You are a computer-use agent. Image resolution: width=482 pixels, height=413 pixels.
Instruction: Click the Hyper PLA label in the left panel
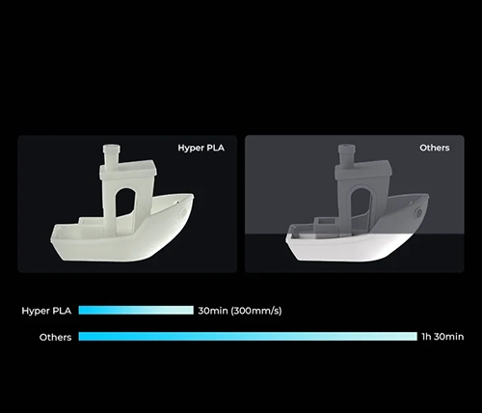[201, 148]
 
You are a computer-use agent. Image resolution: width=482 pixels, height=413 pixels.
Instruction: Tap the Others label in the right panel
[435, 148]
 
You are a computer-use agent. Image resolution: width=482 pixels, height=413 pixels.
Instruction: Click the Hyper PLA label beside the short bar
[46, 311]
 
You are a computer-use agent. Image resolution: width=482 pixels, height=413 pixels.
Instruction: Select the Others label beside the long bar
[55, 337]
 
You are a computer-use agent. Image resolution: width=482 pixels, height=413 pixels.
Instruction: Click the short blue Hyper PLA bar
[136, 310]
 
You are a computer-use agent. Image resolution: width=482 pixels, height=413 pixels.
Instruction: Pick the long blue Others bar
[248, 337]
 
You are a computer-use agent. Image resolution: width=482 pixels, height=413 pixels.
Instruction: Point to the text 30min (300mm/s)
[240, 311]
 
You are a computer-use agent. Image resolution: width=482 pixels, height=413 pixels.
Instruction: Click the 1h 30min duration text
[442, 337]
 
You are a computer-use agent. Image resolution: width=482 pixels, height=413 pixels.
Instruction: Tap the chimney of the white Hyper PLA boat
[112, 154]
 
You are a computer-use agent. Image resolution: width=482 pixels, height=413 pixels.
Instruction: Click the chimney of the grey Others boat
[346, 154]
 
